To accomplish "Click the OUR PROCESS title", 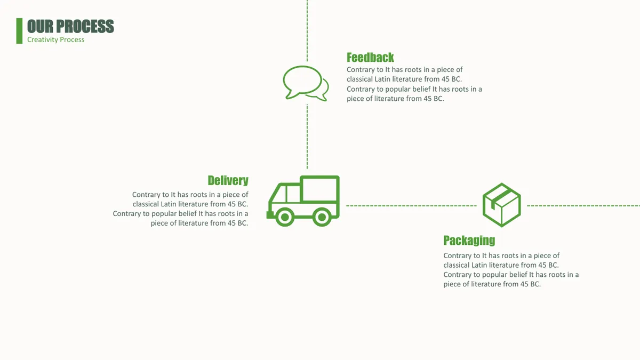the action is click(x=70, y=26).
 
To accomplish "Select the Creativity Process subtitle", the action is click(x=55, y=39).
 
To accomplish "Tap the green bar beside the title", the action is click(x=19, y=31).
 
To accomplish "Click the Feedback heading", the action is click(x=370, y=58).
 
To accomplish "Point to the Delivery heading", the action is click(x=228, y=181).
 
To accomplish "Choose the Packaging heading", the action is click(x=469, y=241).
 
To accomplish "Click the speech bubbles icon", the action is click(x=306, y=83).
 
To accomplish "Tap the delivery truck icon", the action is click(x=303, y=201).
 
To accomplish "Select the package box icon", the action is click(x=502, y=205).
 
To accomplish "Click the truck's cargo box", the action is click(x=319, y=189).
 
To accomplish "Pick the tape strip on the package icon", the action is click(x=499, y=198).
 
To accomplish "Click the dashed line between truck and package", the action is click(x=411, y=205).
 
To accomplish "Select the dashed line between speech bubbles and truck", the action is click(x=307, y=137).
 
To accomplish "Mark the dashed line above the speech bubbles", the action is click(x=307, y=30).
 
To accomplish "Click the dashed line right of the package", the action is click(x=583, y=205).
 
